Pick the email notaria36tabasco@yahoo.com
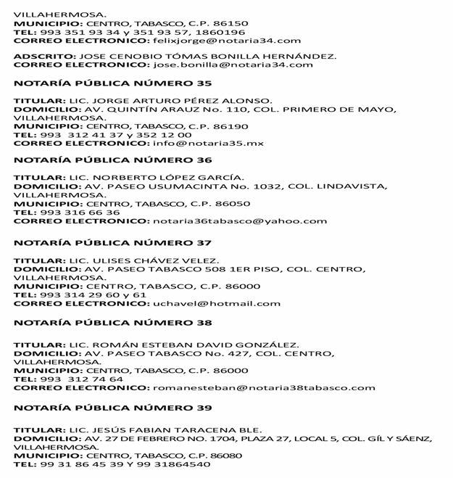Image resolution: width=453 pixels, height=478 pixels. [238, 221]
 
